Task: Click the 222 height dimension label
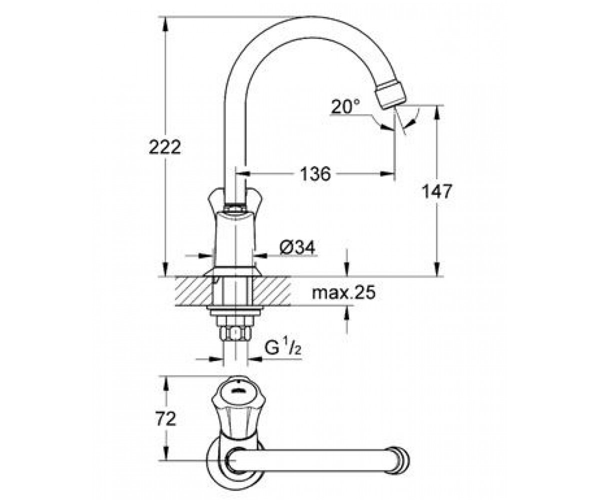click(x=164, y=147)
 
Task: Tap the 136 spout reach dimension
click(x=315, y=174)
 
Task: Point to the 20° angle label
click(x=345, y=106)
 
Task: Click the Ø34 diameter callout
click(x=297, y=247)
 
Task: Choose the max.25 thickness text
click(x=343, y=292)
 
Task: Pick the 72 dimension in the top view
click(x=165, y=419)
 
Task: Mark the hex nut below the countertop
click(x=235, y=334)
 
